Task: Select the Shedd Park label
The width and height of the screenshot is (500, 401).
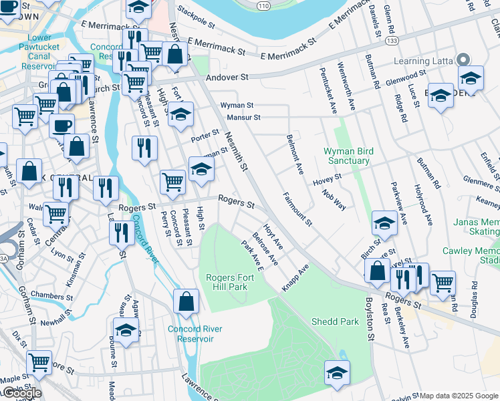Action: click(x=335, y=321)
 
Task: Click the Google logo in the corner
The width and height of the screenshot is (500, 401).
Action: click(x=21, y=393)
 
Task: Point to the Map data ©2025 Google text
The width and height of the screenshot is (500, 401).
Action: click(x=459, y=396)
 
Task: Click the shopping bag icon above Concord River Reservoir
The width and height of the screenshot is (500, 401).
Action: click(x=186, y=301)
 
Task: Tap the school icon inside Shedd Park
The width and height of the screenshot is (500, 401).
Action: click(x=338, y=373)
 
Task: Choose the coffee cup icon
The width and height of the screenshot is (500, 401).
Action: click(x=62, y=125)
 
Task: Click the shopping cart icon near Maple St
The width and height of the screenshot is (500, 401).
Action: click(x=39, y=362)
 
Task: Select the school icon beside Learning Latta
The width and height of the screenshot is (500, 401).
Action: click(x=471, y=78)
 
